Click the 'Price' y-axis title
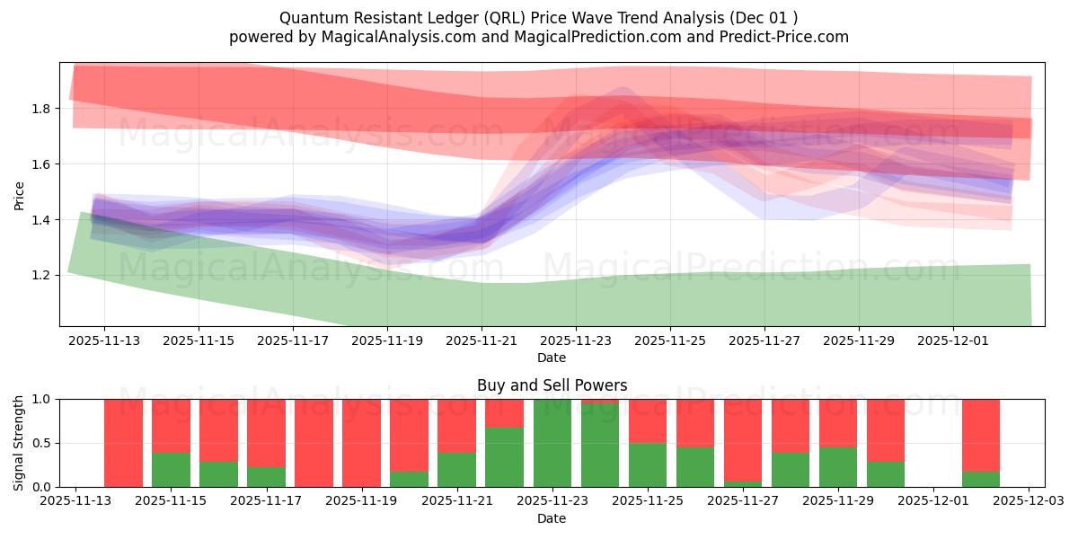[x=19, y=194]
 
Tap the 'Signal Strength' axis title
[x=19, y=443]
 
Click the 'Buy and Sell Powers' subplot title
[x=552, y=385]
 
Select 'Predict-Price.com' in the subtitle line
[x=789, y=37]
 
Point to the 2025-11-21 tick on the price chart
[x=482, y=340]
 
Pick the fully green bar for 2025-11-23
[x=552, y=443]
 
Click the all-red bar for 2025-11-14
[x=123, y=443]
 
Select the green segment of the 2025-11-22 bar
[x=505, y=457]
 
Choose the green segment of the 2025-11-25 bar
[x=648, y=464]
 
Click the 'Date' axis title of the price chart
[x=552, y=358]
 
